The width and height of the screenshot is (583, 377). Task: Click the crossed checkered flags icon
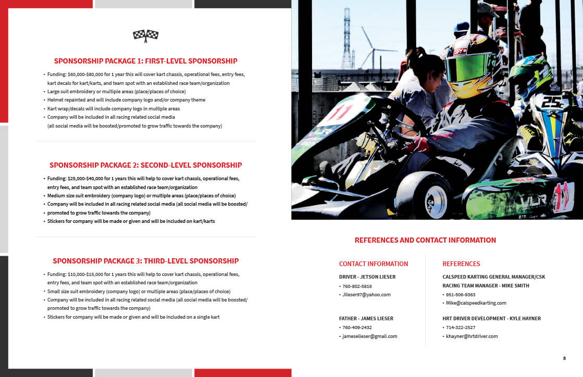145,35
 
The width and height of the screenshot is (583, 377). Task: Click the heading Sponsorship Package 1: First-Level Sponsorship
145,61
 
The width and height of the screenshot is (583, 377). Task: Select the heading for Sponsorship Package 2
145,165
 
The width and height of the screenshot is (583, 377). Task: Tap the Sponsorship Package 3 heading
145,261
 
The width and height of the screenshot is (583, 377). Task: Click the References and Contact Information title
425,240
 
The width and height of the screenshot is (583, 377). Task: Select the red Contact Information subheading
374,264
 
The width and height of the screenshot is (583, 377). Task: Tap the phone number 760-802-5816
357,286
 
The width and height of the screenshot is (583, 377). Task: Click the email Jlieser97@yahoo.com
366,295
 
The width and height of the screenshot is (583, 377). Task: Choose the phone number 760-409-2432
357,328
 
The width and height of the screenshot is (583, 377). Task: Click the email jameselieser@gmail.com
369,336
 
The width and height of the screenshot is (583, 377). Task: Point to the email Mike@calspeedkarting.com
476,303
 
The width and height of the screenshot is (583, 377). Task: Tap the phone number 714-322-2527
461,328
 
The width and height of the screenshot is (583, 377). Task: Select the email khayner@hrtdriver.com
472,336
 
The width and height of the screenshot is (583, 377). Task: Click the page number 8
564,358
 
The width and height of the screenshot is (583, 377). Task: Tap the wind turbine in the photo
370,47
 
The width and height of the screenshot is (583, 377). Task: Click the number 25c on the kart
552,102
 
